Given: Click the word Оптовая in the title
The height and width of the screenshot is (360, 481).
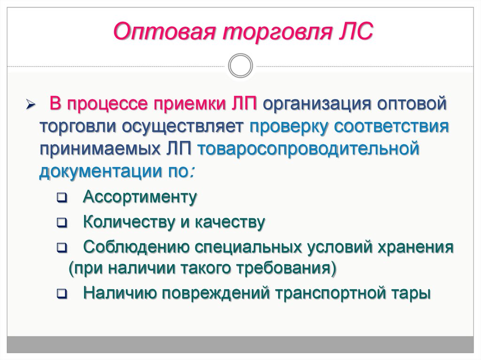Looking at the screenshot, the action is (164, 31).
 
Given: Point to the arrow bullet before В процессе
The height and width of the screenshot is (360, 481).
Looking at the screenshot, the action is (31, 104).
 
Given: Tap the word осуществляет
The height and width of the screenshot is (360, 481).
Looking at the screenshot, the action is (183, 127).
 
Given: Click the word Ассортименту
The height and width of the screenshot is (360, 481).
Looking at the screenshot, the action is (140, 197).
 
